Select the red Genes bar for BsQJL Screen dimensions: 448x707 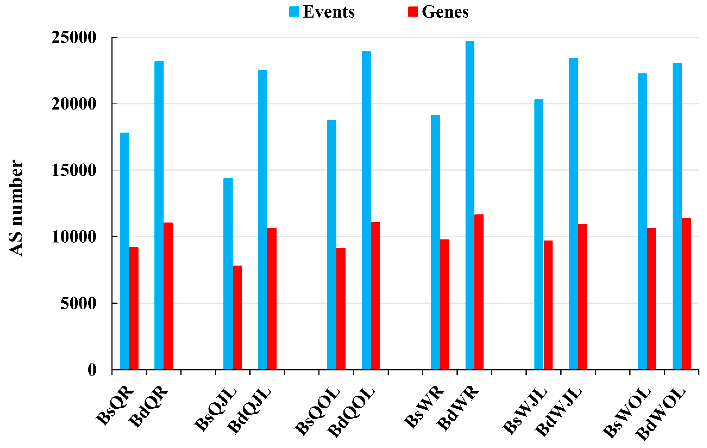pos(237,317)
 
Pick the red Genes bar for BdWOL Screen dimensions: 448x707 pos(686,294)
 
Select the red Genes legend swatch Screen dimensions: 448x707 pos(413,12)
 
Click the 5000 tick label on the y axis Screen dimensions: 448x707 pos(78,303)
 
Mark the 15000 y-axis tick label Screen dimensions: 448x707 pos(74,170)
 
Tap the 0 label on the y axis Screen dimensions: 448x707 pos(92,369)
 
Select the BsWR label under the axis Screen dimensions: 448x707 pos(424,407)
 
